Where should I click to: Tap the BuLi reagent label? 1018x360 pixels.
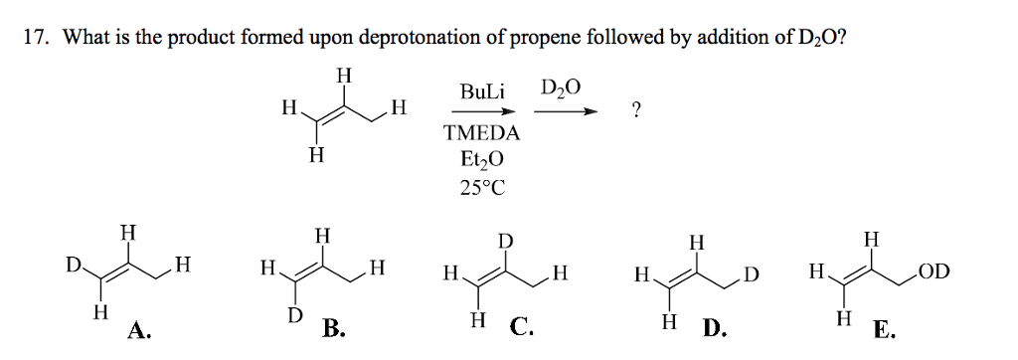[483, 91]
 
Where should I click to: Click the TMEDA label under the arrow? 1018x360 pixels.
[483, 133]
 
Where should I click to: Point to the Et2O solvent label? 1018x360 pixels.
[483, 159]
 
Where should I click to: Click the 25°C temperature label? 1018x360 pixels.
[483, 187]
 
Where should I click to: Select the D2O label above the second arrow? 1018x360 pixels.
[561, 90]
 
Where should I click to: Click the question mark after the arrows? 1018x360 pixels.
[636, 111]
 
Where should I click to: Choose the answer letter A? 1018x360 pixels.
[138, 330]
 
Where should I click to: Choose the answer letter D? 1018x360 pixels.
[715, 328]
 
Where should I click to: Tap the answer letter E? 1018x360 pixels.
[883, 330]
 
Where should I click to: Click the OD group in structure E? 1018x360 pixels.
[934, 269]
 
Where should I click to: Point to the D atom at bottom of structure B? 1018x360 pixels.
[293, 315]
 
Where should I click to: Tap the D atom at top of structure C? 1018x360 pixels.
[506, 242]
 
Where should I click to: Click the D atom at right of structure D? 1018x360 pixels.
[752, 270]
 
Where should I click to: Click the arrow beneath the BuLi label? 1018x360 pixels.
[483, 112]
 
